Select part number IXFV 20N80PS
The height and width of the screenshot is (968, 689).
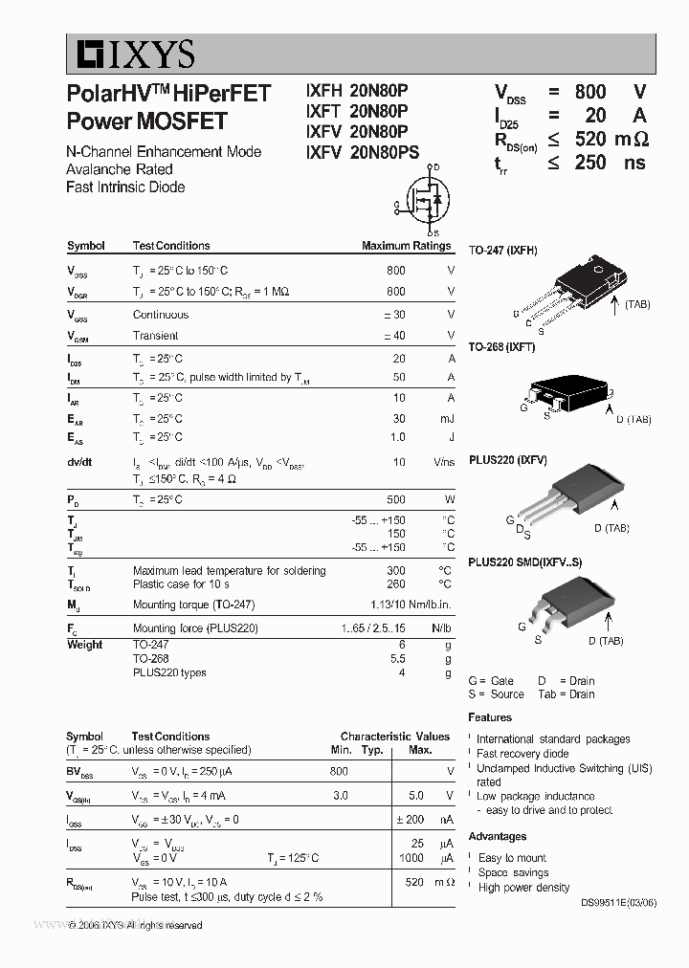point(362,151)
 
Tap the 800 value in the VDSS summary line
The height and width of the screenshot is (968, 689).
point(590,92)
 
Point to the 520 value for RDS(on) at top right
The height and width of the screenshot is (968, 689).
point(590,140)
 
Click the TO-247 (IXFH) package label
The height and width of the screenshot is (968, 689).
point(502,251)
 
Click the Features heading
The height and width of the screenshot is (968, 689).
point(489,717)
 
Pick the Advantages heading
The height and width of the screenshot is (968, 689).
point(497,837)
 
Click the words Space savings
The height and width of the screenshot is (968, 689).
point(513,872)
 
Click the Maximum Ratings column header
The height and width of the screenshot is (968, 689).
point(406,246)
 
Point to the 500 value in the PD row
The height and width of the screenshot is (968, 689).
point(395,500)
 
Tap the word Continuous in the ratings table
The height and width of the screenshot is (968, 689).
point(161,315)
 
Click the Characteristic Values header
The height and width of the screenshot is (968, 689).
point(394,737)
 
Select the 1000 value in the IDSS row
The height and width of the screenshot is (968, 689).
point(411,858)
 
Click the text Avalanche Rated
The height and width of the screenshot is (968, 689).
point(120,169)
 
